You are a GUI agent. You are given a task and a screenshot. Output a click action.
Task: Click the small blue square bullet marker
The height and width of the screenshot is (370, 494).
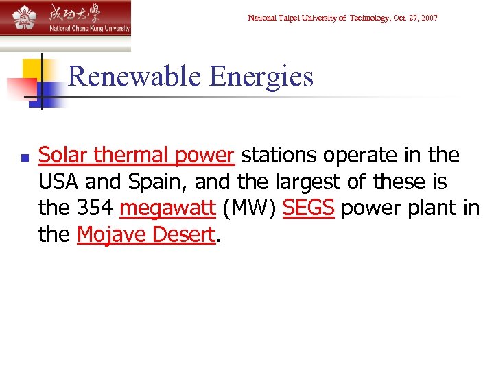(25, 158)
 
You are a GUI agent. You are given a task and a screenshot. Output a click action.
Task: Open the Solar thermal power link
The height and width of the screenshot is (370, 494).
(137, 156)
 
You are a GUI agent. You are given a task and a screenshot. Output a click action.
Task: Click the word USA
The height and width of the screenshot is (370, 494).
(61, 182)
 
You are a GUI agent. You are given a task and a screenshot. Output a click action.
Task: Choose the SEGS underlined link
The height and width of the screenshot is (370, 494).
(308, 208)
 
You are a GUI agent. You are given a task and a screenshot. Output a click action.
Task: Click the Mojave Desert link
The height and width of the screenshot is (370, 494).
(146, 235)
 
